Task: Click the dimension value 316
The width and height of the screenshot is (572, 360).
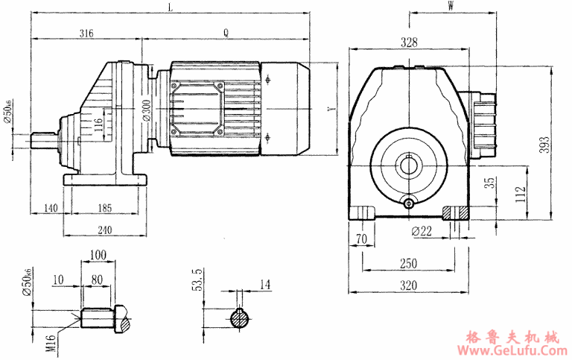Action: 86,33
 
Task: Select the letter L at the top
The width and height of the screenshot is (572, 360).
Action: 171,7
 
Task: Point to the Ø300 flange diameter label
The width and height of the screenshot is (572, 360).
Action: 146,110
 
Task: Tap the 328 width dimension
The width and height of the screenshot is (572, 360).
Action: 409,42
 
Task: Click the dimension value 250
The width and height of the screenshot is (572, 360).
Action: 408,264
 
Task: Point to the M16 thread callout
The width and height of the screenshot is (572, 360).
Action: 50,341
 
